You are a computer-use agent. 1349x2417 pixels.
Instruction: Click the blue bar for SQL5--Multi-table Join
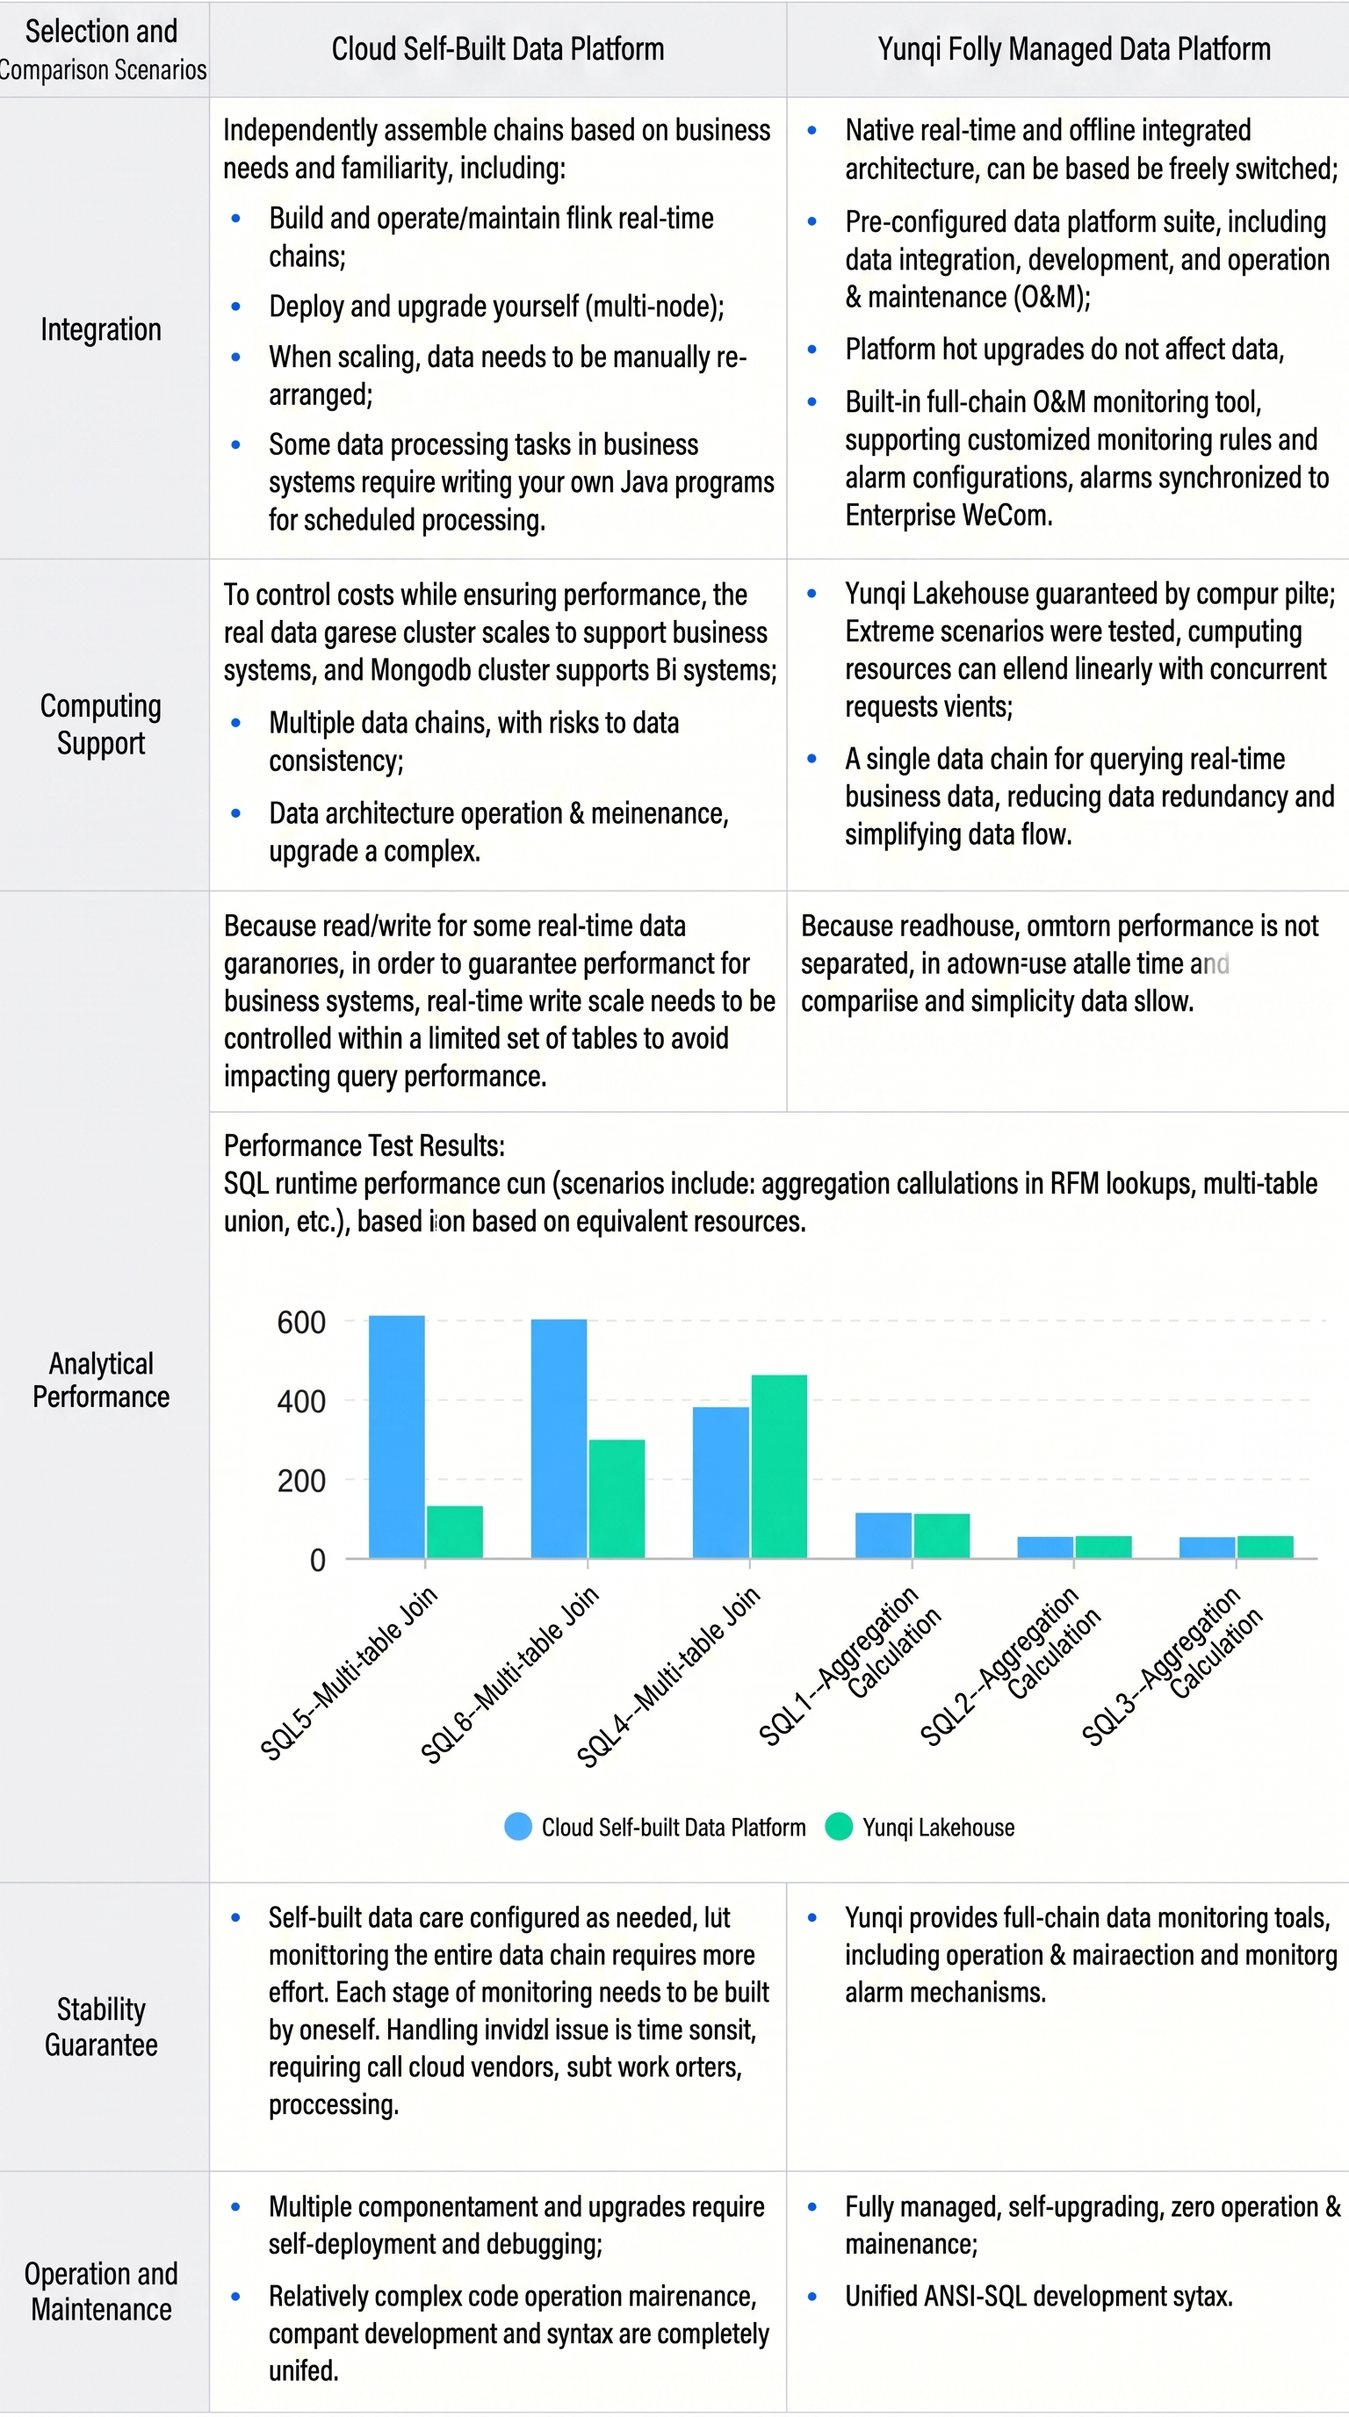(x=396, y=1437)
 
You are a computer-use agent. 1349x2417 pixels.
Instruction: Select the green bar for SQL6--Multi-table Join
(x=617, y=1498)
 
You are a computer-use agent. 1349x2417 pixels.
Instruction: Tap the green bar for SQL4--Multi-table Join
(x=779, y=1467)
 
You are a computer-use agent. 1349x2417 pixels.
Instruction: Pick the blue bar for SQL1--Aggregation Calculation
(x=883, y=1535)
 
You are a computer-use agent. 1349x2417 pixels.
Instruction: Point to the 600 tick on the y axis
(x=301, y=1322)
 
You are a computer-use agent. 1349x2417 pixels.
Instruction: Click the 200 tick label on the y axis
(x=301, y=1481)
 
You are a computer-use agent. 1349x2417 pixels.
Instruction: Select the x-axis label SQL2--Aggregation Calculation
(x=1011, y=1665)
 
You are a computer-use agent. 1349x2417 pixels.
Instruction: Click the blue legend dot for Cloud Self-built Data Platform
(x=518, y=1826)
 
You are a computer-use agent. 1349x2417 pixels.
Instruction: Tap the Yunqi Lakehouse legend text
(x=938, y=1827)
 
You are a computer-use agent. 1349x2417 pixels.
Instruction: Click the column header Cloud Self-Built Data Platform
(x=497, y=49)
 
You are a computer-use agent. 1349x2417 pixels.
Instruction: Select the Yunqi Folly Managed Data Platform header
(x=1074, y=49)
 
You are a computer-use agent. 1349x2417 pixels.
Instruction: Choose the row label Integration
(x=100, y=329)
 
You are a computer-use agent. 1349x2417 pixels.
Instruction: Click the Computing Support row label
(x=100, y=724)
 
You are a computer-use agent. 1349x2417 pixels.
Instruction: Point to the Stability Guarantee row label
(x=100, y=2027)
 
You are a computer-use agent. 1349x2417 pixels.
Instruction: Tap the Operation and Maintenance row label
(x=100, y=2291)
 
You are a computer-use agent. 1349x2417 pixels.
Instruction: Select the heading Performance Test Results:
(x=364, y=1145)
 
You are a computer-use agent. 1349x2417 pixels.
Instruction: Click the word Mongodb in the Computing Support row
(x=422, y=671)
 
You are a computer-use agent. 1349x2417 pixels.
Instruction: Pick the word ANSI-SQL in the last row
(x=976, y=2296)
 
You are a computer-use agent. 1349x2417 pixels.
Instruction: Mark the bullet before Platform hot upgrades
(x=812, y=350)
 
